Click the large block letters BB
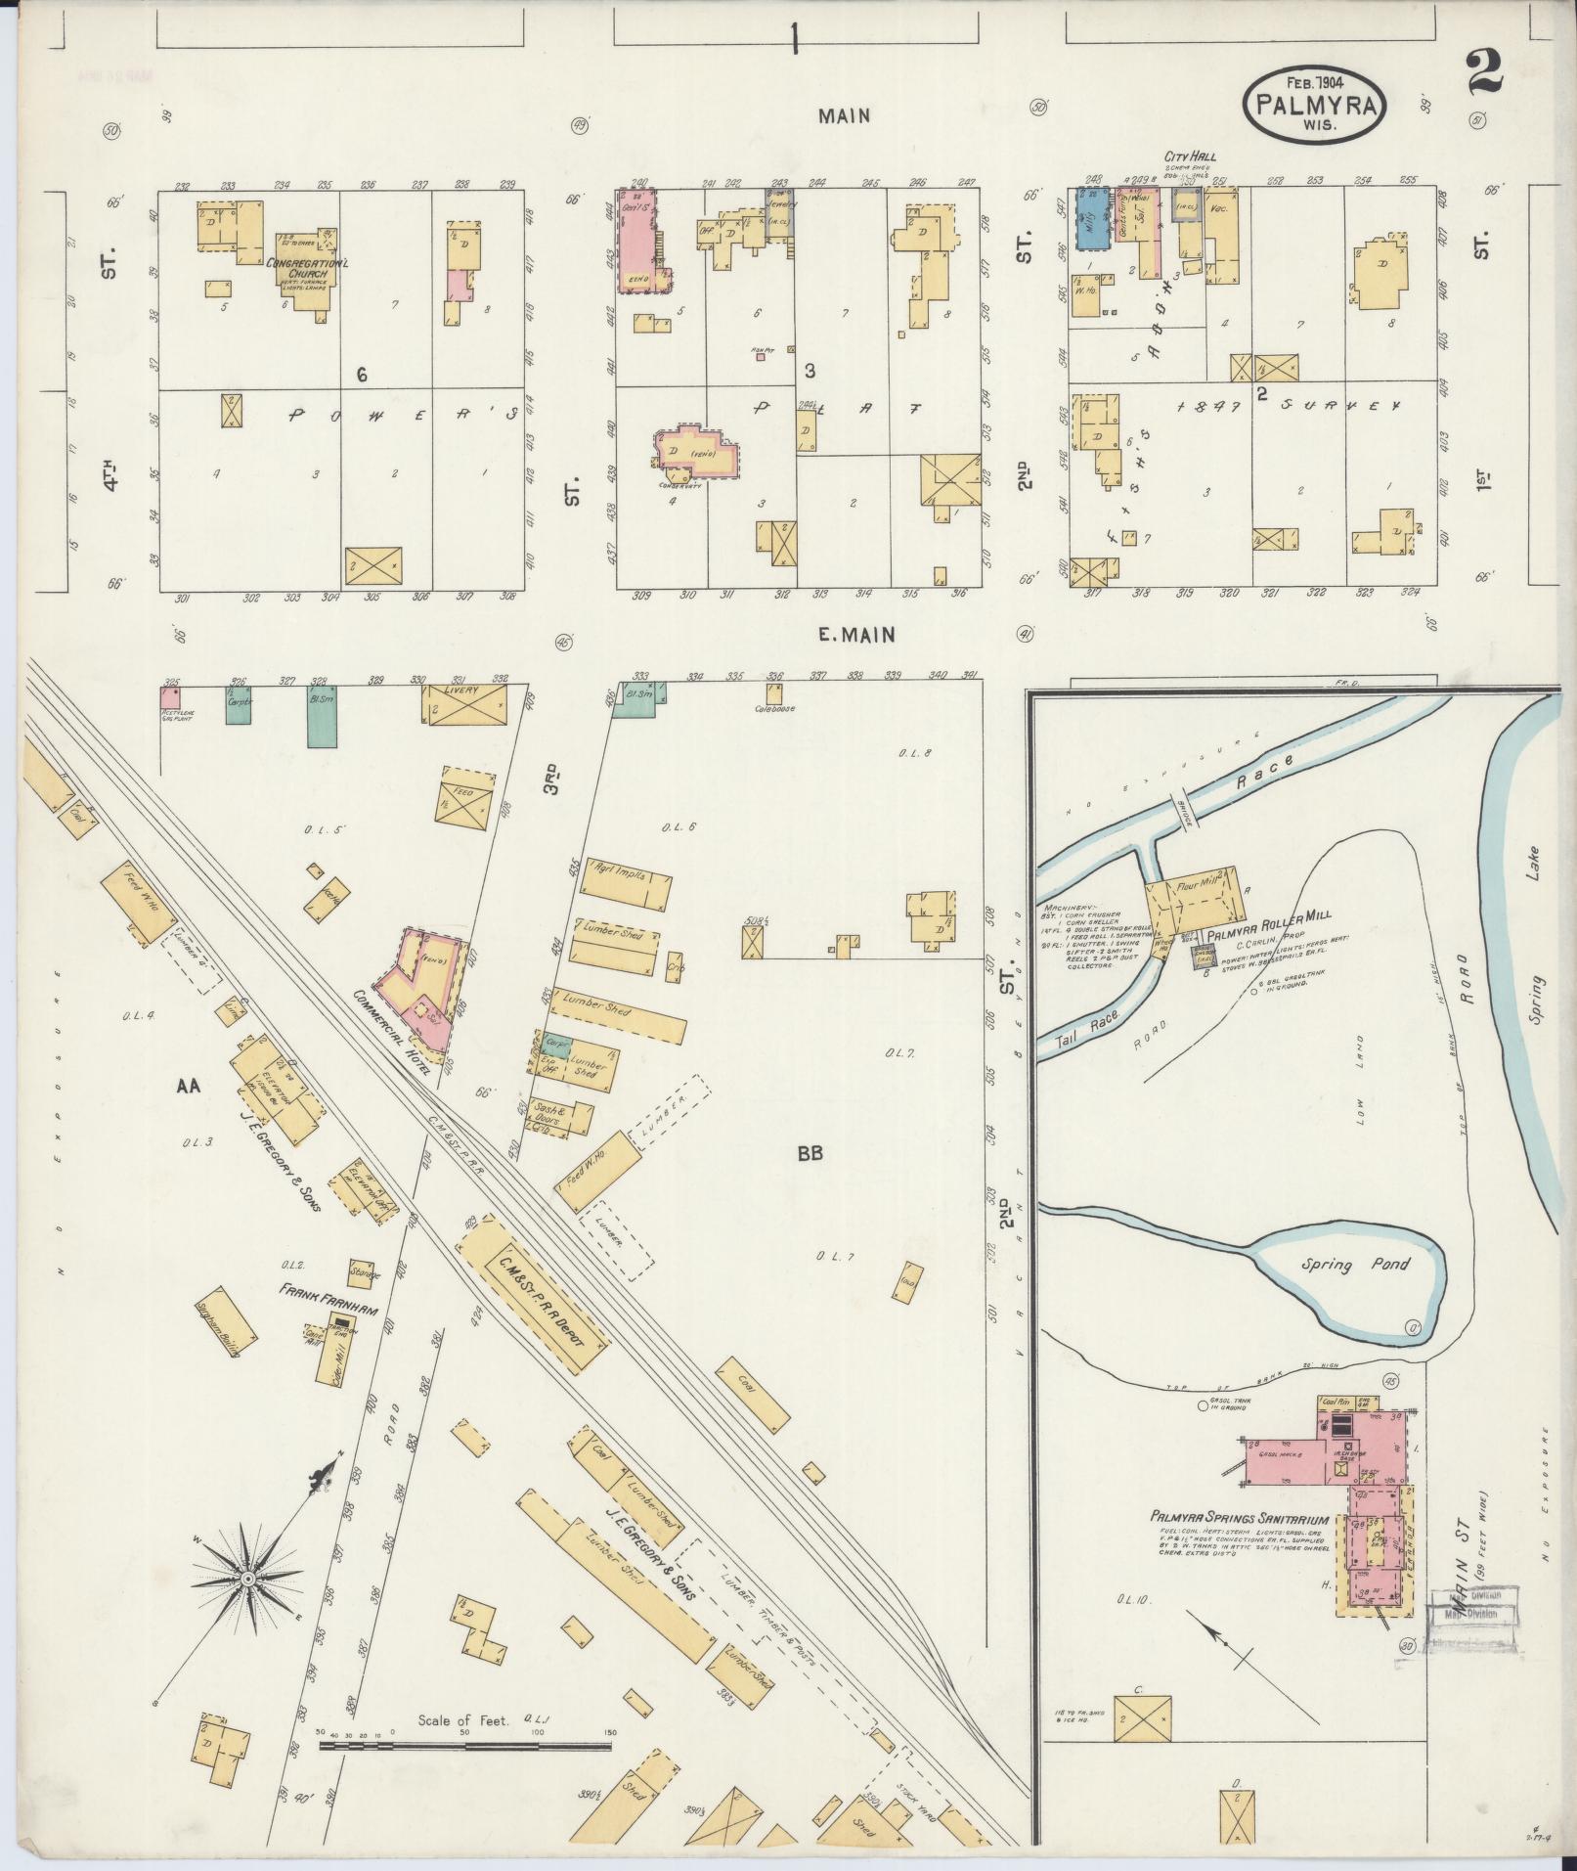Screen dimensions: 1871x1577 point(810,1154)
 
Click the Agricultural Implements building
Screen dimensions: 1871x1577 point(626,877)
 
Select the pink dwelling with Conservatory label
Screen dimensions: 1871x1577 point(696,451)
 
